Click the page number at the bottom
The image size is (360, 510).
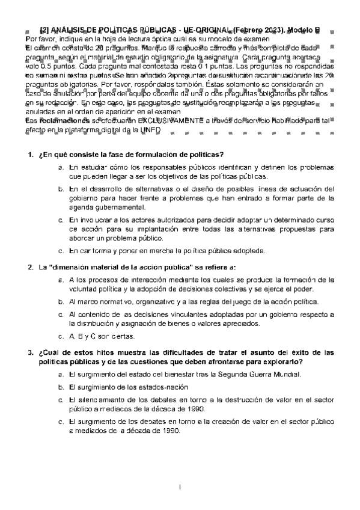(x=180, y=485)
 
